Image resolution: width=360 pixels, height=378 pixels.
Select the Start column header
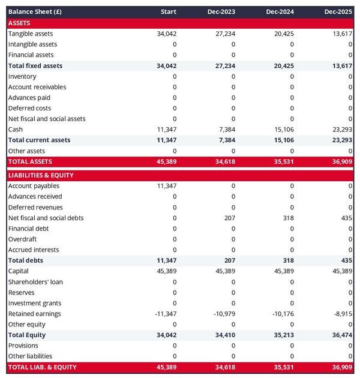point(169,12)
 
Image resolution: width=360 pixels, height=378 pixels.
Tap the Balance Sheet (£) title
point(35,12)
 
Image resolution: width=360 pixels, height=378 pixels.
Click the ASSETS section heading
point(19,23)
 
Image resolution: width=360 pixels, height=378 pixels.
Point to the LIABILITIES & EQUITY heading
point(41,175)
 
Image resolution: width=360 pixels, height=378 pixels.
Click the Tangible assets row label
point(31,34)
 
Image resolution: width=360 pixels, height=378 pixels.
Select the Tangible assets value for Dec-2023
point(225,34)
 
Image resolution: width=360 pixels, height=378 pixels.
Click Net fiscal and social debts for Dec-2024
point(287,218)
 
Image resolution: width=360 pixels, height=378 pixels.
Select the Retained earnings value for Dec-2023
point(223,314)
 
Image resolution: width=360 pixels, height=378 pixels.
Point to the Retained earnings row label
point(35,314)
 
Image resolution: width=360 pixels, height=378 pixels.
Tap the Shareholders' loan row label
point(35,282)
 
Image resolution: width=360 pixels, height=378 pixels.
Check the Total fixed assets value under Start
point(166,66)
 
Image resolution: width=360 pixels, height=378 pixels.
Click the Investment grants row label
point(35,303)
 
